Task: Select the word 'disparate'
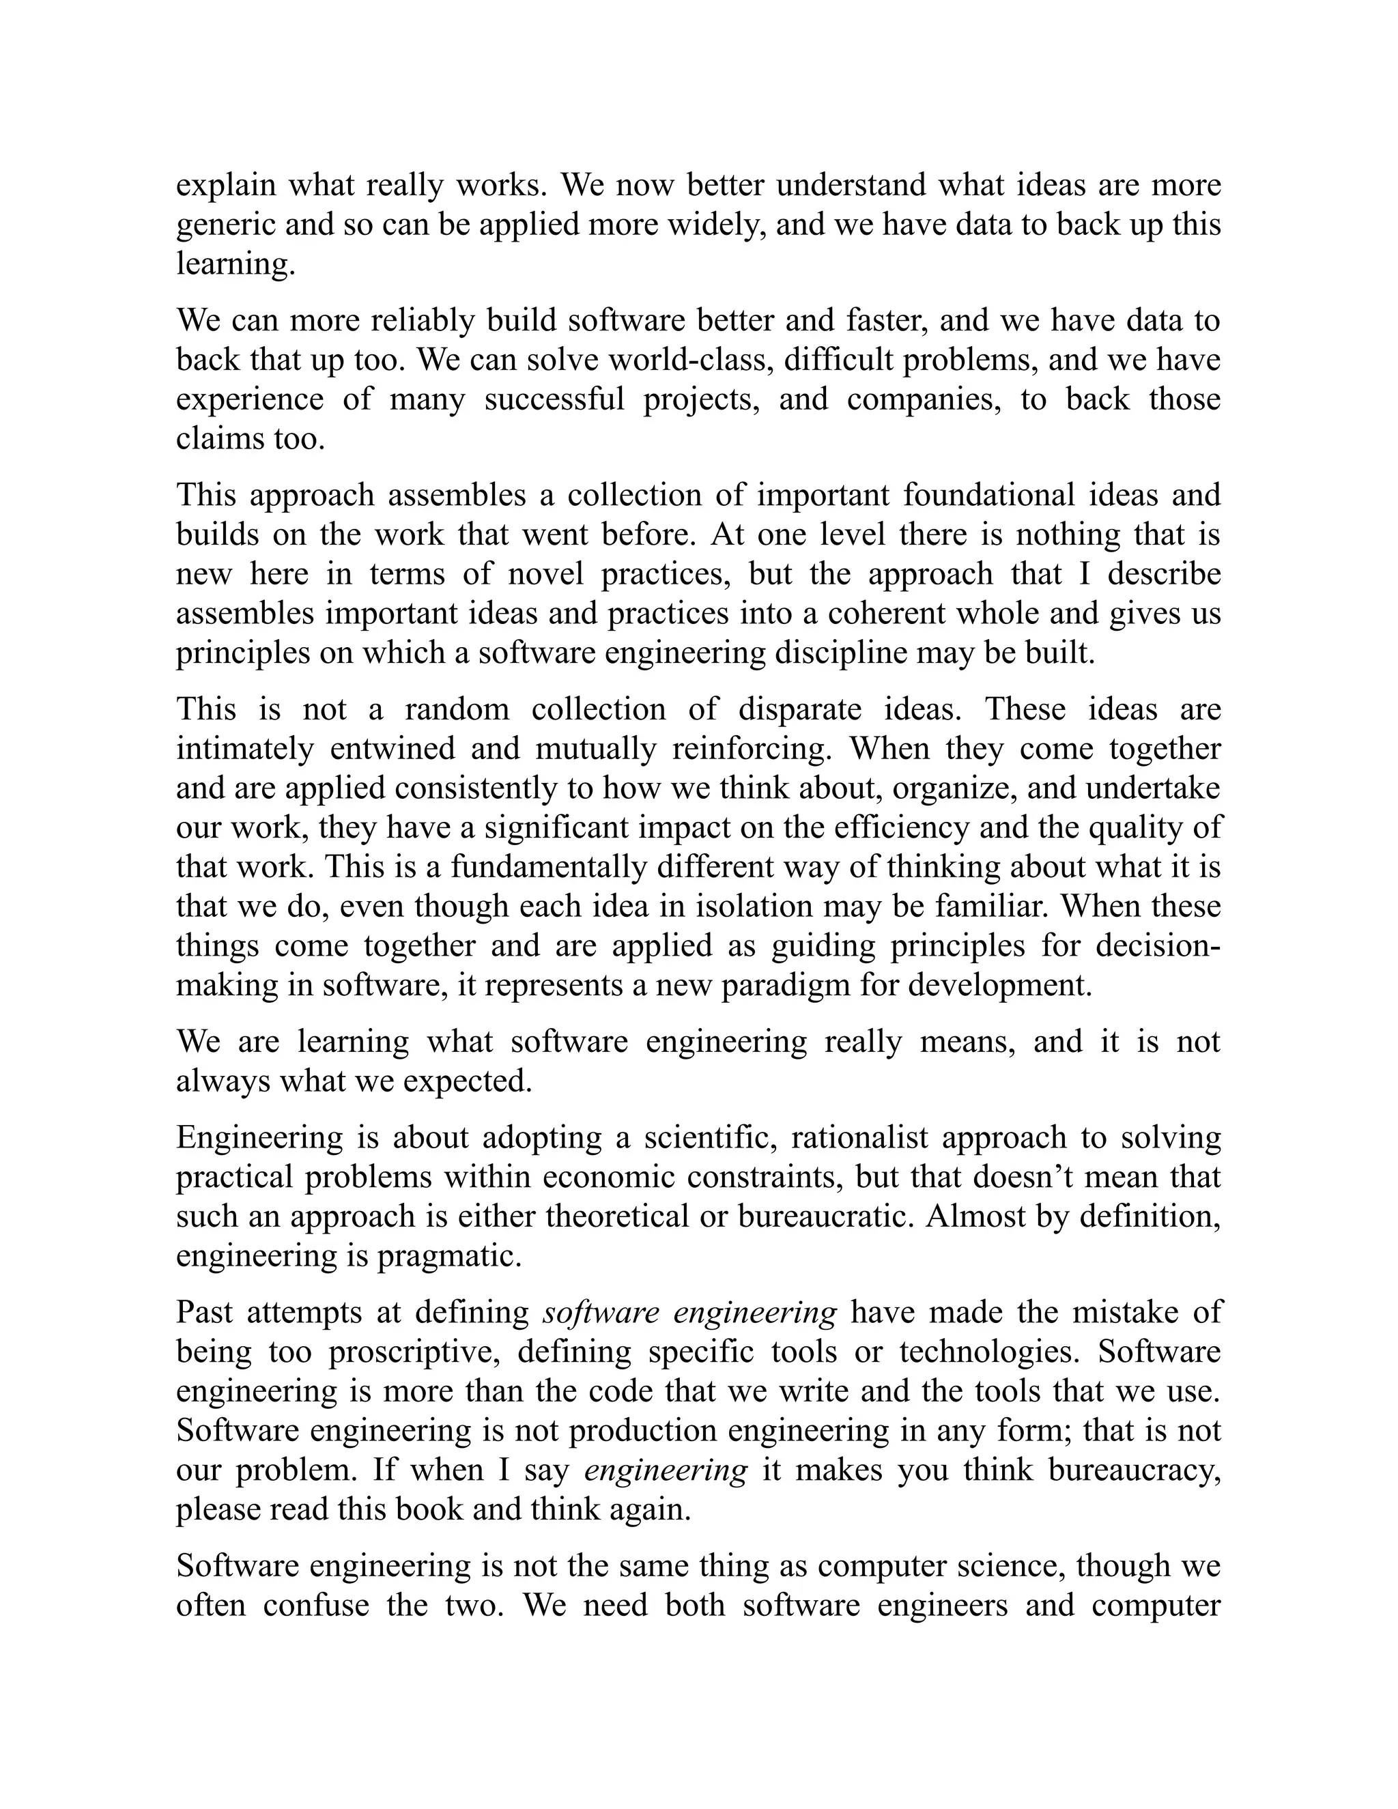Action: click(803, 710)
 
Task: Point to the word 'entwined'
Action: click(393, 749)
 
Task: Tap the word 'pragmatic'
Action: click(449, 1257)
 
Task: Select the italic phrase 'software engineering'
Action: click(689, 1313)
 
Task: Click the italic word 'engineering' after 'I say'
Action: click(666, 1470)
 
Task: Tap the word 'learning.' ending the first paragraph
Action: click(236, 264)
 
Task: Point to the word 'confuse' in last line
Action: click(316, 1606)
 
